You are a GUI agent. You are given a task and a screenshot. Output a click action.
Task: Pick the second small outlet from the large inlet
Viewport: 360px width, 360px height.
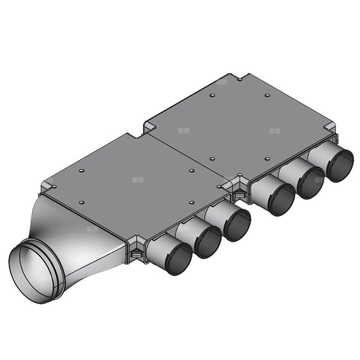pos(208,242)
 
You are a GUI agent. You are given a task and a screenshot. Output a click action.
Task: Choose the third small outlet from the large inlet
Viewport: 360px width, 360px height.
pos(238,224)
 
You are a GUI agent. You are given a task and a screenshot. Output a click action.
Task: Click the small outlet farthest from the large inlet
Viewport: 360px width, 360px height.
pos(340,166)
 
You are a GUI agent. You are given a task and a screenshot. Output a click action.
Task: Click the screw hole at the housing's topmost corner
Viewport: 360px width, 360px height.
pos(239,78)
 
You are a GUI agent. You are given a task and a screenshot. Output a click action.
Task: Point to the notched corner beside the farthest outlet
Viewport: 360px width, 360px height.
pos(328,130)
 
